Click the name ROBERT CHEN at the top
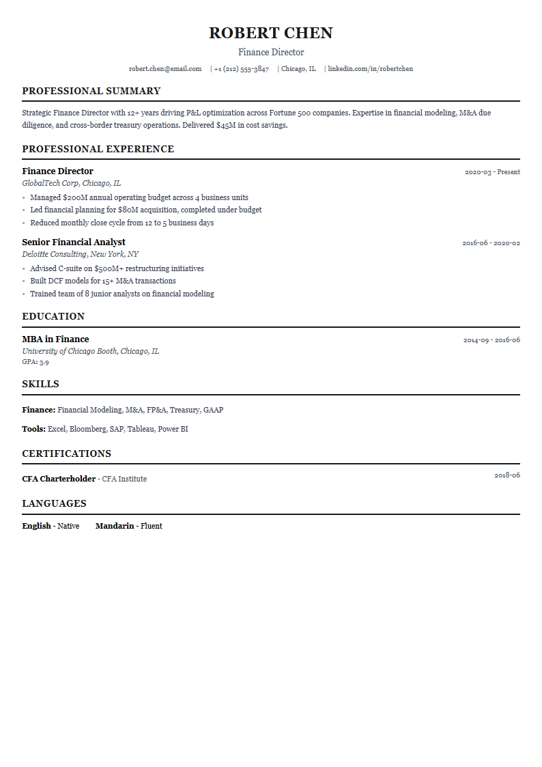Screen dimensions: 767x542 pos(271,33)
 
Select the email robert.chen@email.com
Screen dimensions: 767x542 pos(165,69)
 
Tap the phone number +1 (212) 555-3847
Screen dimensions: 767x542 pos(242,69)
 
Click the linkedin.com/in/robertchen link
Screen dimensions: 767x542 pos(370,69)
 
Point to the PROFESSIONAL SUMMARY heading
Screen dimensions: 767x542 pos(91,91)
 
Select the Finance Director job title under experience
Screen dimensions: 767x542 pos(57,171)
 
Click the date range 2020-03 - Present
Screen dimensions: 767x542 pos(492,172)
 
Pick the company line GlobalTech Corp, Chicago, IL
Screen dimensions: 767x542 pos(72,183)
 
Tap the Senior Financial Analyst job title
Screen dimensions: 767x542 pos(74,242)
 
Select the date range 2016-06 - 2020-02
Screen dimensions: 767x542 pos(491,243)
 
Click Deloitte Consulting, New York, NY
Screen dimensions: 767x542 pos(81,254)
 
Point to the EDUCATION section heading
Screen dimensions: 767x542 pos(53,316)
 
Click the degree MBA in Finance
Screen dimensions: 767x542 pos(55,339)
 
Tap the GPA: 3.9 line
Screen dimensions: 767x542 pos(35,362)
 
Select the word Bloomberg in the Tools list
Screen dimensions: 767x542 pos(87,430)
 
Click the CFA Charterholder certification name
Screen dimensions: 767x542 pos(59,479)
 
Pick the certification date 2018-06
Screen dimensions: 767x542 pos(507,475)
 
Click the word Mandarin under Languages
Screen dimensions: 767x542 pos(115,526)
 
